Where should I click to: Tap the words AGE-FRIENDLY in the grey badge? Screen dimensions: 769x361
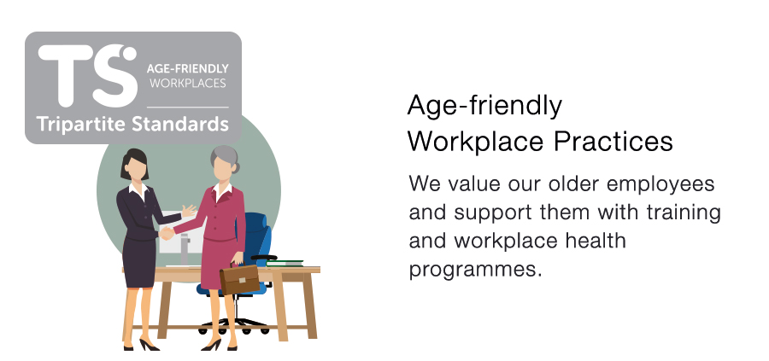click(x=187, y=68)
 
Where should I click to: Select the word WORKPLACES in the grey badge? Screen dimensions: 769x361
click(x=188, y=84)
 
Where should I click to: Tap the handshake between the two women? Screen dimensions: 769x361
click(x=167, y=234)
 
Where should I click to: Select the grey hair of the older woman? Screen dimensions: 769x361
click(x=225, y=158)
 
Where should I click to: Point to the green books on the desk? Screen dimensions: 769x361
click(x=285, y=263)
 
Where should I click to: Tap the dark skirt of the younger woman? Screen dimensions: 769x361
click(x=140, y=262)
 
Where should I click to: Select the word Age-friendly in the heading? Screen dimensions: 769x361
click(x=484, y=107)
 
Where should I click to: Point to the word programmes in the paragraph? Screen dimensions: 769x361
click(x=476, y=270)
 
